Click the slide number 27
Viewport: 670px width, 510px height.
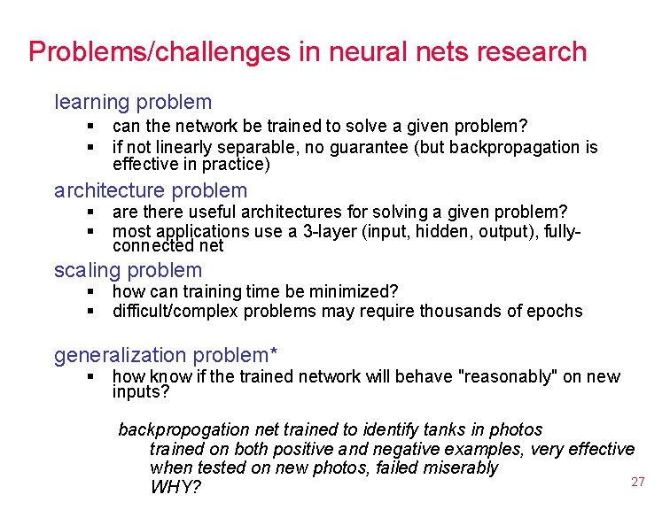tap(637, 482)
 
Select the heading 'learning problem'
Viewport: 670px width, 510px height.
tap(133, 103)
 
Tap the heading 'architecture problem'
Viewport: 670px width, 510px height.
tap(151, 190)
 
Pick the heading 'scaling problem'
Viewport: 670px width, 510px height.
tap(128, 270)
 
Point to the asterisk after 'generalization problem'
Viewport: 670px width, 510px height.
tap(274, 353)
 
